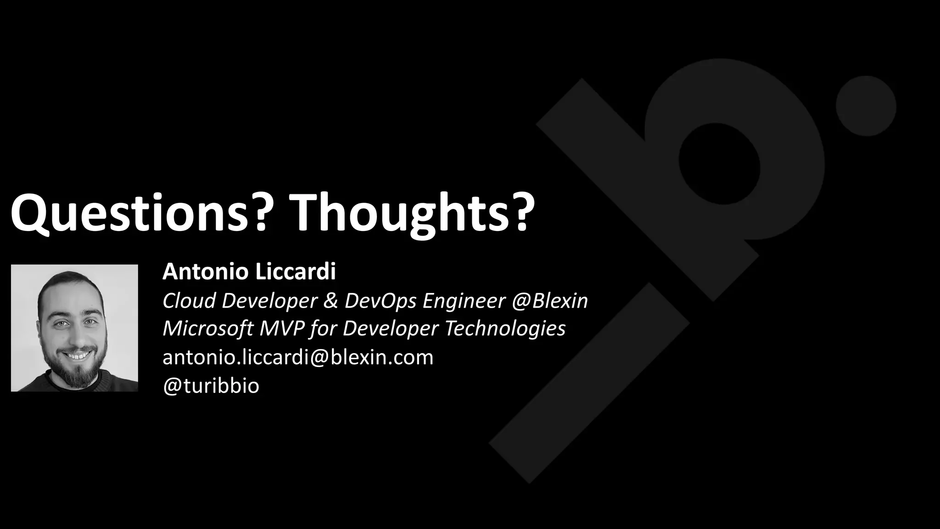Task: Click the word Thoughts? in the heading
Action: click(412, 213)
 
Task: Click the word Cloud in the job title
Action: click(189, 301)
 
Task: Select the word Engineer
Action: click(464, 301)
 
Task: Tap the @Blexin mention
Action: click(550, 301)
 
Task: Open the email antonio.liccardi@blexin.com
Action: click(298, 357)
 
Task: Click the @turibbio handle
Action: click(211, 386)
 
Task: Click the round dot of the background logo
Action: click(866, 106)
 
